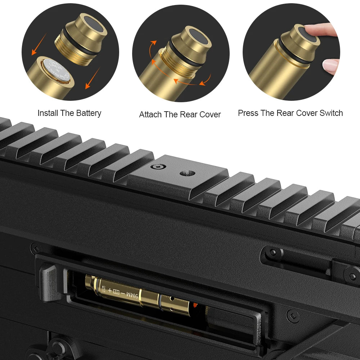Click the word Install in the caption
click(48, 113)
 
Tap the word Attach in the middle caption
click(150, 114)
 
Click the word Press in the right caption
click(248, 113)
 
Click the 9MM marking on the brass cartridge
click(132, 295)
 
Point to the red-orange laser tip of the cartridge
click(194, 306)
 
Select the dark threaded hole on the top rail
click(187, 173)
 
